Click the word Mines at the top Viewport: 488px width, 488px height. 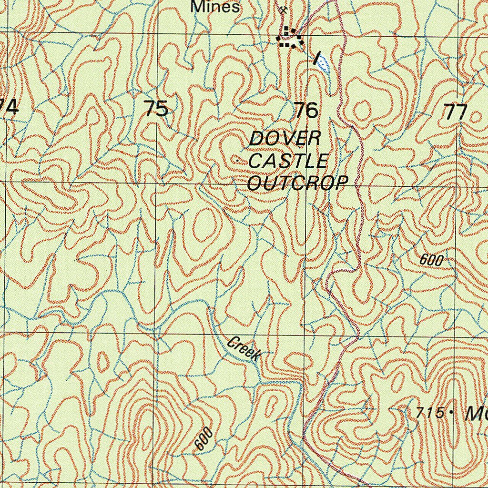[x=214, y=7]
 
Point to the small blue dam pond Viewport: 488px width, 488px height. [x=324, y=63]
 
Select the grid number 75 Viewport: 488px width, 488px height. [x=156, y=109]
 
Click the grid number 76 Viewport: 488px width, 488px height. [x=306, y=110]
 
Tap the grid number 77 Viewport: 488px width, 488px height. [x=455, y=113]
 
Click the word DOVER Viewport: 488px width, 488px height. [x=285, y=139]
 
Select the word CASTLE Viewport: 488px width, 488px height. [x=288, y=161]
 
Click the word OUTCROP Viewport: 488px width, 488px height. [x=298, y=183]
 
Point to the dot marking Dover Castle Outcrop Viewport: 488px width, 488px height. [x=237, y=162]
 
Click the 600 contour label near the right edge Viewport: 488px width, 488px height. [x=432, y=260]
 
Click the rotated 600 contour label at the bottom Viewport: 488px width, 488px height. [x=203, y=439]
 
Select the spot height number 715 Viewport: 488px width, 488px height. [x=429, y=413]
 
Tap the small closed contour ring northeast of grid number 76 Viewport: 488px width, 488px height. [x=361, y=111]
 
